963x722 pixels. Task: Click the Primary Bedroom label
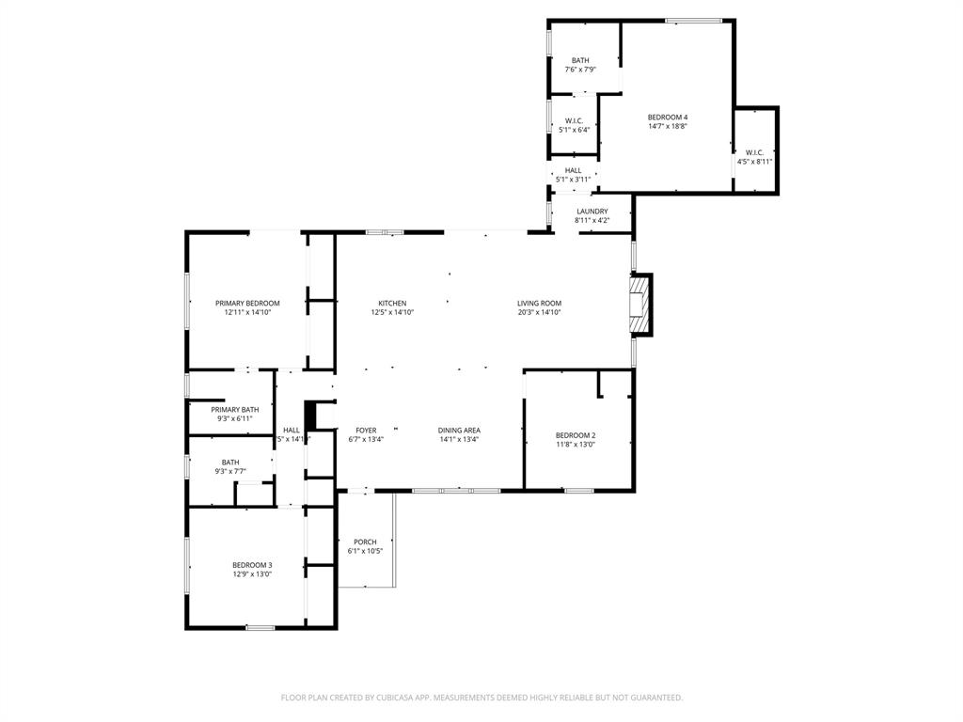coord(247,304)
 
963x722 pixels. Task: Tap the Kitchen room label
coord(392,304)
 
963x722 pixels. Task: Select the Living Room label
coord(539,304)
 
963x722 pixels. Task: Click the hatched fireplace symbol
coord(639,304)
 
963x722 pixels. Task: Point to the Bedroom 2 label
coord(575,435)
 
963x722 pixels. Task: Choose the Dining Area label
coord(459,431)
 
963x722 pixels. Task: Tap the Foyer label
coord(366,431)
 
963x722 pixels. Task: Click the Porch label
coord(365,542)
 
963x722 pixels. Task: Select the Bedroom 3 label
coord(252,565)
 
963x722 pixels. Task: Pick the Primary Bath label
coord(234,410)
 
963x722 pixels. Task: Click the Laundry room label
coord(592,212)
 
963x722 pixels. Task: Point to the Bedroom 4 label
coord(668,118)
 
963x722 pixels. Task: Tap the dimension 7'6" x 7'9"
coord(580,70)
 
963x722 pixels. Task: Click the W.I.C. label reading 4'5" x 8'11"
coord(754,161)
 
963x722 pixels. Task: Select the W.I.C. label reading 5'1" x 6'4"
coord(574,130)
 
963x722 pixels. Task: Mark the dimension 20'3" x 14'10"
coord(539,313)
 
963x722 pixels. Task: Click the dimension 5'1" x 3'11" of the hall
coord(573,180)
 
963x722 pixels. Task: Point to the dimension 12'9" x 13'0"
coord(252,573)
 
